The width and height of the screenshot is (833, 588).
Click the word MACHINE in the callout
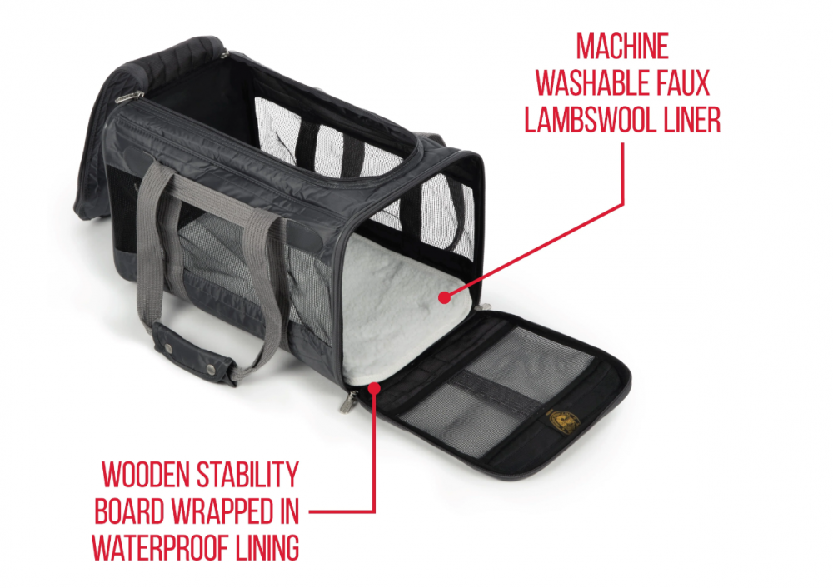click(x=622, y=47)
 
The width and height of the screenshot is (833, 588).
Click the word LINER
click(x=686, y=120)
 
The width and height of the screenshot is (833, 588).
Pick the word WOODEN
click(x=146, y=475)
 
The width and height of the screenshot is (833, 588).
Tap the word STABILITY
click(x=248, y=475)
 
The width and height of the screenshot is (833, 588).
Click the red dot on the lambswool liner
click(x=445, y=297)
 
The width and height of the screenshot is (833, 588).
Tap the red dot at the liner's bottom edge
click(x=375, y=388)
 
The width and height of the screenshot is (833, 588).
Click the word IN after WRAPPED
click(x=288, y=511)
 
